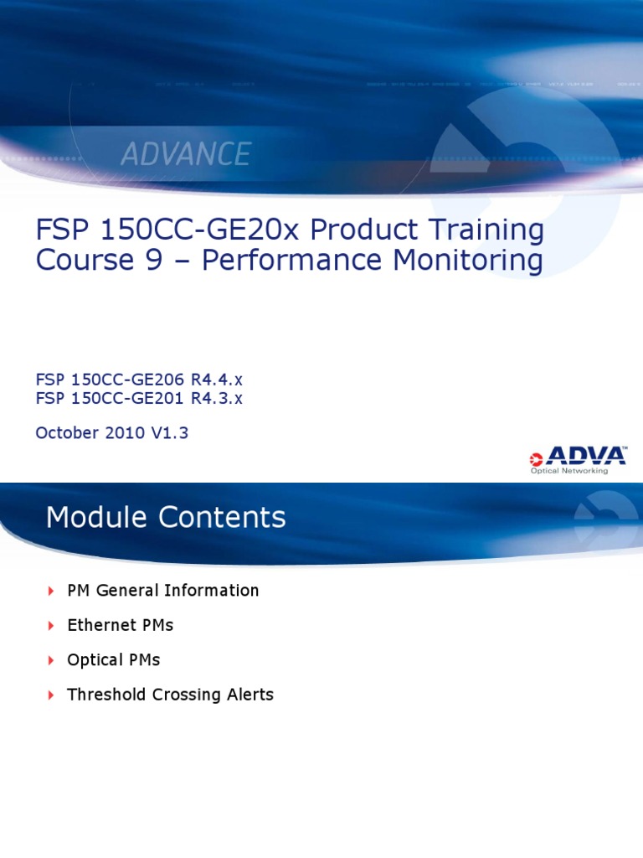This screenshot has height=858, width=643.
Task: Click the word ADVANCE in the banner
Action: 186,154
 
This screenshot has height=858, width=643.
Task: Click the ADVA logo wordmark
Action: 584,457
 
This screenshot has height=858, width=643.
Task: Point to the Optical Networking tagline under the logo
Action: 569,471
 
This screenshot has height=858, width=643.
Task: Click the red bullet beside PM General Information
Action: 51,592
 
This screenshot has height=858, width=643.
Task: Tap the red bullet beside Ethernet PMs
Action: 51,626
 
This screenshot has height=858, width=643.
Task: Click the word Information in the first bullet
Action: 212,591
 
